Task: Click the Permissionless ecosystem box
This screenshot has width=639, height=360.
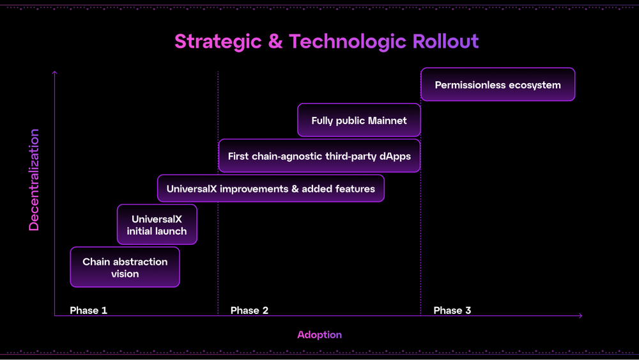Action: pos(498,85)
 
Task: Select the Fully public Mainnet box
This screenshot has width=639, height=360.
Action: pos(358,120)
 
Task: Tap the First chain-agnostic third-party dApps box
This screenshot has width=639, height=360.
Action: pos(319,156)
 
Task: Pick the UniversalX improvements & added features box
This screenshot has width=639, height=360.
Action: pos(270,189)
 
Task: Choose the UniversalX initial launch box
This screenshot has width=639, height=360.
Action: pos(157,225)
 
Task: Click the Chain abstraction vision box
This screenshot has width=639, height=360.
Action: pos(125,267)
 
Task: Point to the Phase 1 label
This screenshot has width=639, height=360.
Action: pos(88,310)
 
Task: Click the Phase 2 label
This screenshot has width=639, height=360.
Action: pos(249,310)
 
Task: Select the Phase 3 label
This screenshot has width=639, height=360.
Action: pos(452,310)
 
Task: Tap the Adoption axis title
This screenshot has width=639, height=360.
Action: pos(319,335)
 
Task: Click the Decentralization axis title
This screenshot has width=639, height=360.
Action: pos(34,180)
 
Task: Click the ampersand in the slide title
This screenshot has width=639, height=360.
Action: pos(275,42)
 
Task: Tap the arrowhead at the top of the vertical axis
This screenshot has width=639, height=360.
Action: pos(54,73)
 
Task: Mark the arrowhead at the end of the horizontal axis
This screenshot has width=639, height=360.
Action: pos(580,315)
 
